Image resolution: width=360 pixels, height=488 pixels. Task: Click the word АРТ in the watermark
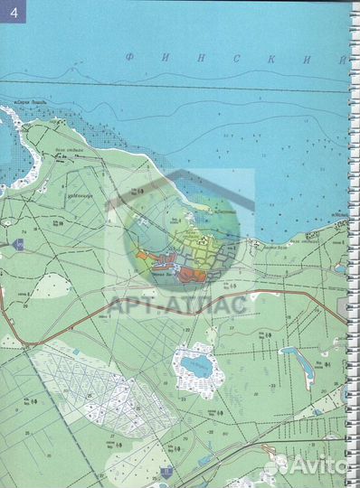(131, 304)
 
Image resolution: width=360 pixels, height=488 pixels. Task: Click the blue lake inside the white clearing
(194, 366)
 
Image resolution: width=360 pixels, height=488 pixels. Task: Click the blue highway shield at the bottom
(166, 471)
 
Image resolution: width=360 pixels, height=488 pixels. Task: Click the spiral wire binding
(353, 244)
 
